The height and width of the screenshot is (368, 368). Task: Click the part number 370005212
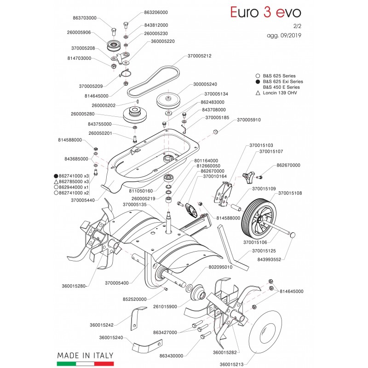click(x=199, y=56)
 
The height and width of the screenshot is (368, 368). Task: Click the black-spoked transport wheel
click(x=258, y=220)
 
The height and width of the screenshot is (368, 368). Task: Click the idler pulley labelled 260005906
click(x=113, y=46)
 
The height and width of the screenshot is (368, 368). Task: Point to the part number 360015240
click(x=111, y=337)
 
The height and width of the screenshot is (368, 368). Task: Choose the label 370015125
click(x=264, y=252)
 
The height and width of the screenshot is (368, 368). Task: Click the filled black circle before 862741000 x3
click(x=56, y=176)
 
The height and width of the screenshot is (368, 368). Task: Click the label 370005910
click(x=248, y=120)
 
